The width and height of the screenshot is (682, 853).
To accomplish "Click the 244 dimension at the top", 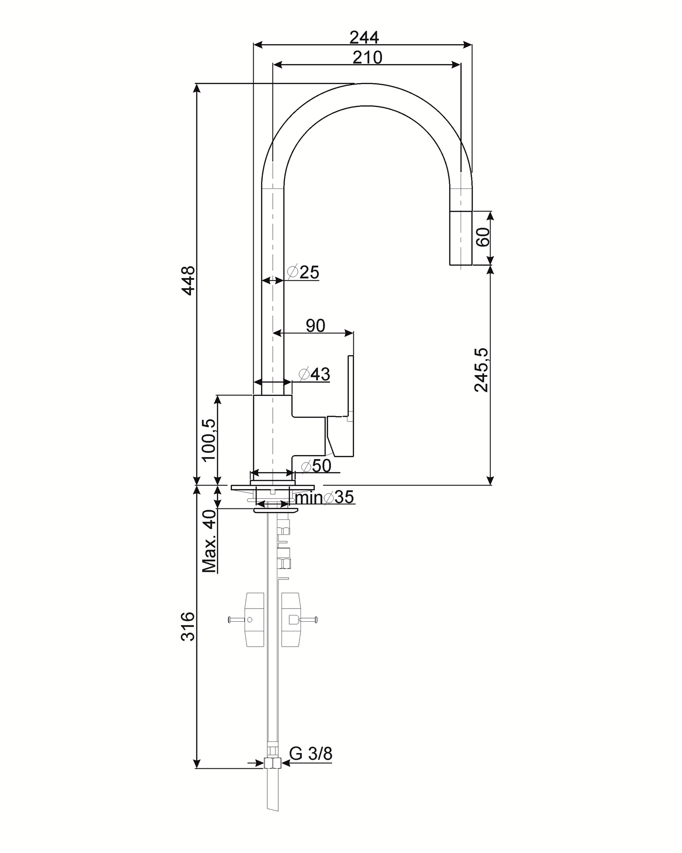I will tap(364, 37).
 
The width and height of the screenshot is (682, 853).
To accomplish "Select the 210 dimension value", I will tap(367, 58).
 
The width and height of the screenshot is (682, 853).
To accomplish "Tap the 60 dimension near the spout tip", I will tap(482, 237).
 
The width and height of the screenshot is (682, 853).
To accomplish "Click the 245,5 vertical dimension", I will tap(481, 370).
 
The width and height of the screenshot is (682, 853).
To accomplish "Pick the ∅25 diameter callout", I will tap(304, 272).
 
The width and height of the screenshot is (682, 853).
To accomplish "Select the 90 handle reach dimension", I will tap(315, 326).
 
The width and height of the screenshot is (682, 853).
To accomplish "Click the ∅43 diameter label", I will tap(314, 374).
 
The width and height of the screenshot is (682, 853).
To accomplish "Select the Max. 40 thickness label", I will tap(209, 541).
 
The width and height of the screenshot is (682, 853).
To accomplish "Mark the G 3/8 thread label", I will tap(311, 754).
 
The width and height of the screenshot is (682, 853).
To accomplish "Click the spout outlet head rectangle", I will tap(461, 238).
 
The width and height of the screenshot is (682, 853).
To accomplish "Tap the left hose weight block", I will tap(254, 619).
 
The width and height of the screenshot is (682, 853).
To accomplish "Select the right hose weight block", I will tap(291, 619).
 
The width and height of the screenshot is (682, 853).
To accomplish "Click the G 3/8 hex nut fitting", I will tap(273, 762).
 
